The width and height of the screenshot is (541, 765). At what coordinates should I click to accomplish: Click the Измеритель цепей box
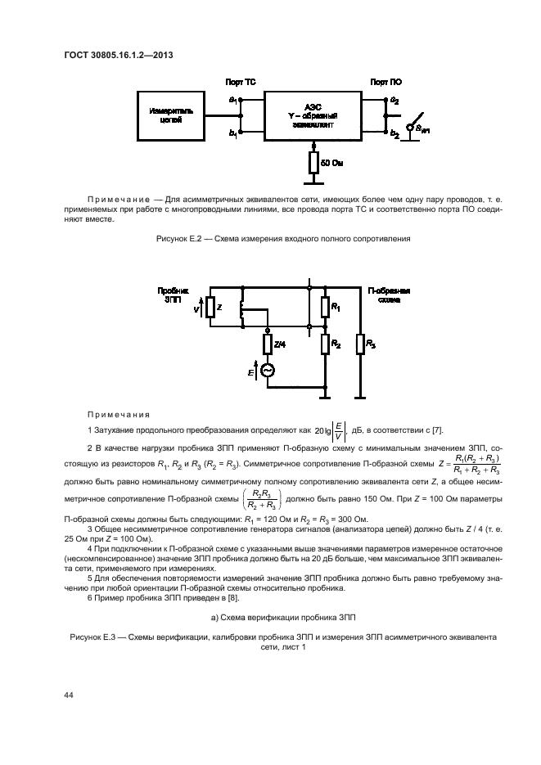(x=171, y=115)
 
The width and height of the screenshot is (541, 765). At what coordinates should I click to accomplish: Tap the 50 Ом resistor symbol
(x=313, y=164)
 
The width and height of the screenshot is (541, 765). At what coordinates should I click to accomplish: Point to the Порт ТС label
(x=241, y=83)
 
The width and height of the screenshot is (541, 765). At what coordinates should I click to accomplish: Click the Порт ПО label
(x=385, y=83)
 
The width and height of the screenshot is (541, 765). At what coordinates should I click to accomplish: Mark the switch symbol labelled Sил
(x=417, y=124)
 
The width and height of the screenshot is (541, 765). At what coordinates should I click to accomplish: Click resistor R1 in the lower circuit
(x=325, y=308)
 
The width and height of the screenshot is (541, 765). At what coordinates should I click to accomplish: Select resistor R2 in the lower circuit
(x=325, y=344)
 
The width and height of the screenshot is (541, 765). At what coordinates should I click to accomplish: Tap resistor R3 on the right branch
(x=360, y=344)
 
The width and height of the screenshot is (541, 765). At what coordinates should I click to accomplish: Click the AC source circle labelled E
(x=267, y=371)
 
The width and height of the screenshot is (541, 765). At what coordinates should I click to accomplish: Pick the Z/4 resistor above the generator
(x=267, y=344)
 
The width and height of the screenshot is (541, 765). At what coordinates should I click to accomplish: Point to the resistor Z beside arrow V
(x=210, y=308)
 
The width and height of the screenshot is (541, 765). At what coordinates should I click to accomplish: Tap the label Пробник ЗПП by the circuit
(x=172, y=295)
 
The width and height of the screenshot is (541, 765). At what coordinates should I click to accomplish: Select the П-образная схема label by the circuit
(x=390, y=295)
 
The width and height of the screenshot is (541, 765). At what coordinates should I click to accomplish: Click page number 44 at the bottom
(x=69, y=695)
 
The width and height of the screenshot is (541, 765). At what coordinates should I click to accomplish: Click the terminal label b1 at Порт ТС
(x=233, y=133)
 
